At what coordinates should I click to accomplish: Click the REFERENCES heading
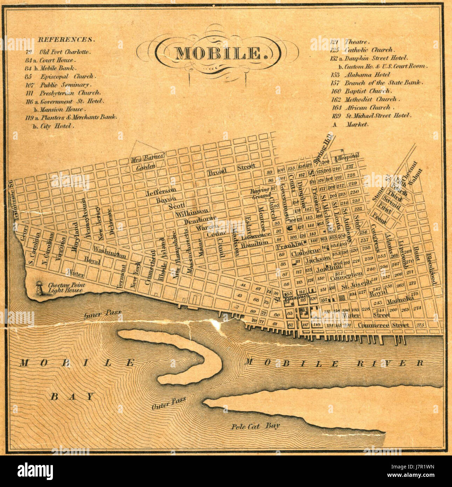click(x=66, y=40)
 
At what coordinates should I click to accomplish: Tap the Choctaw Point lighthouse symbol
click(x=38, y=288)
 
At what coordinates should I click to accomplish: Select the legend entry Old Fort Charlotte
click(x=64, y=52)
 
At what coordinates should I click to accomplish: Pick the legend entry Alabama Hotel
click(x=367, y=75)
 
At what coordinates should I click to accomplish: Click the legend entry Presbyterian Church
click(x=70, y=93)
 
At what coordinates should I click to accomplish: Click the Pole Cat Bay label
click(x=255, y=426)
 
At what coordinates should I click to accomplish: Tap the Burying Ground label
click(x=260, y=193)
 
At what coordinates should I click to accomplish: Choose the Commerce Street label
click(x=383, y=325)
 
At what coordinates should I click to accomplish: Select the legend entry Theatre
click(x=356, y=42)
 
